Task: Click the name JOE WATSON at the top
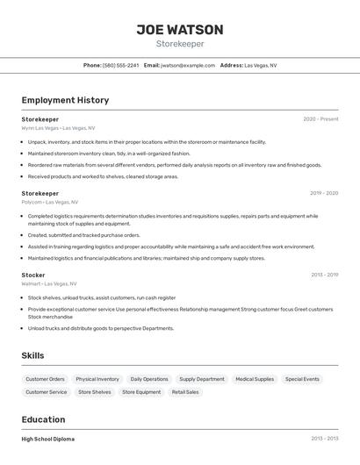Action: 179,30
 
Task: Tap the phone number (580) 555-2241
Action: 121,65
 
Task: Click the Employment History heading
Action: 65,100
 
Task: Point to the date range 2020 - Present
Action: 320,119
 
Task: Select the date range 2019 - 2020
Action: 324,193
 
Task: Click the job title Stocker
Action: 33,275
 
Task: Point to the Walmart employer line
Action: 49,283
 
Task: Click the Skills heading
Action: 33,355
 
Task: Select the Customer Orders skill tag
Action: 45,379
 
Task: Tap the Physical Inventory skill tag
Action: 97,379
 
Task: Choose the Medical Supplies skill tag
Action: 255,379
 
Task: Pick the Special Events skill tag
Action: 302,379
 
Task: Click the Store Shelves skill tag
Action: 95,392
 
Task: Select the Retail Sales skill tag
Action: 185,392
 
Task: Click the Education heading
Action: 43,419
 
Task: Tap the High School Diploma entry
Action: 48,439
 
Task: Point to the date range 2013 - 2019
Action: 324,275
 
